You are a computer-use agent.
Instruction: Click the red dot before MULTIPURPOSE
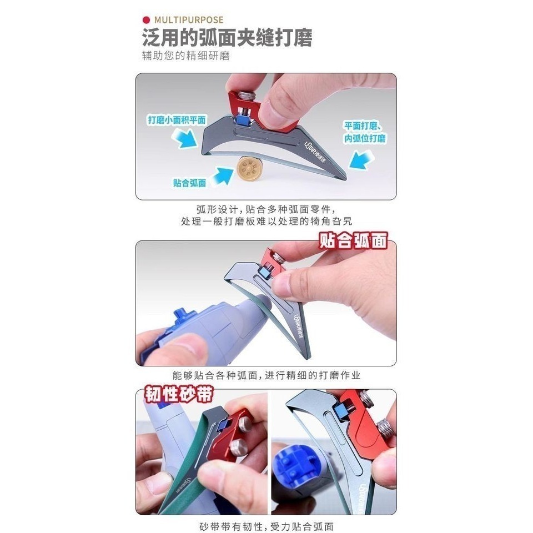(x=146, y=21)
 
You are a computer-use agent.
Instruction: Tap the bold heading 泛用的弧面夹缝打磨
(x=227, y=39)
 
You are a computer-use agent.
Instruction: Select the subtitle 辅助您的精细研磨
(x=185, y=56)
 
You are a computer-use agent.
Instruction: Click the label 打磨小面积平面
(x=177, y=119)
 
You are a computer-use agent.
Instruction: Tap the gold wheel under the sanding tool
(x=250, y=168)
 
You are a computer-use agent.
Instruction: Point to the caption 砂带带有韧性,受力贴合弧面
(x=266, y=526)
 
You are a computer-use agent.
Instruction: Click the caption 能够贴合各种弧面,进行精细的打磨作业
(x=266, y=376)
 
